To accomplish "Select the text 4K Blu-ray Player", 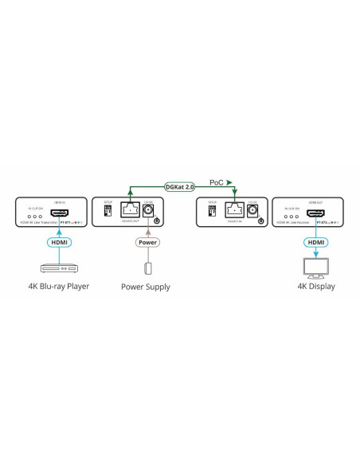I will coord(57,287).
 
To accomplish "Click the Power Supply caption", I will coord(146,287).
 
